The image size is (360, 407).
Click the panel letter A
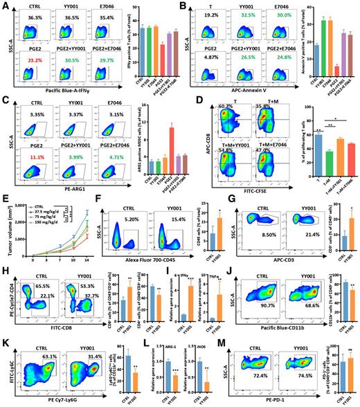[4, 5]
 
